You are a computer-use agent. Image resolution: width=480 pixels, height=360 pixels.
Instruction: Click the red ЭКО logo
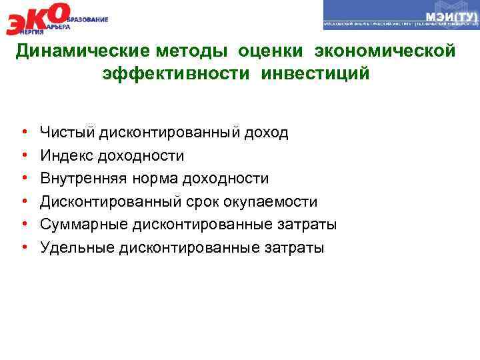click(x=37, y=19)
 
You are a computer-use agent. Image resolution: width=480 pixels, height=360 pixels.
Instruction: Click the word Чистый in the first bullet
click(x=68, y=133)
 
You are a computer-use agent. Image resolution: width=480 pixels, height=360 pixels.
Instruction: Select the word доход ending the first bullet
click(x=266, y=133)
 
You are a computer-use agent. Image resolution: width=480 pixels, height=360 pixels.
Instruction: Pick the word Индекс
click(x=67, y=156)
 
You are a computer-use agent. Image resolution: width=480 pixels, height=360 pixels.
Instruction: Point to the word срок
click(x=196, y=202)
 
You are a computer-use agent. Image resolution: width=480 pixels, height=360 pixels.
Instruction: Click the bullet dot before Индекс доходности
click(x=23, y=156)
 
